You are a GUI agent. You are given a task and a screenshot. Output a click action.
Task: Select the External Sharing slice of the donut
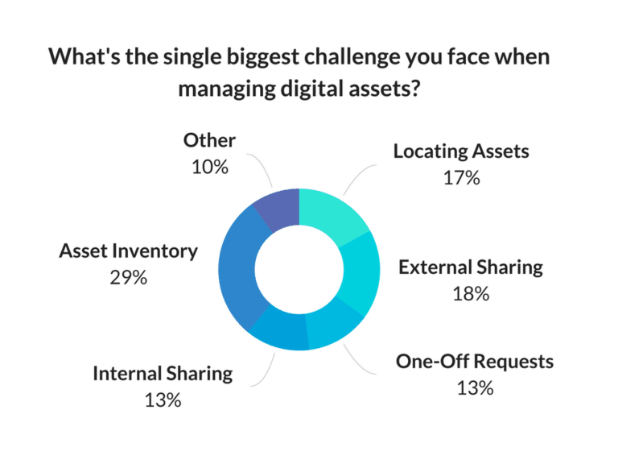pos(360,272)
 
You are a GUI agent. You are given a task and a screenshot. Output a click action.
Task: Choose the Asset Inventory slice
pos(237,268)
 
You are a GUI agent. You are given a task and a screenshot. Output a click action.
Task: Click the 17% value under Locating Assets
pos(462,178)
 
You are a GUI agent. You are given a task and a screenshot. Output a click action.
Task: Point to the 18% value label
pos(471,294)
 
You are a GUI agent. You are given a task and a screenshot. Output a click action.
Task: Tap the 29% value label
pos(129,278)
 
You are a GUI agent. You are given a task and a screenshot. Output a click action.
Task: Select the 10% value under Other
pos(210,168)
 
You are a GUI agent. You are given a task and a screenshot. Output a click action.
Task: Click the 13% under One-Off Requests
pos(475,388)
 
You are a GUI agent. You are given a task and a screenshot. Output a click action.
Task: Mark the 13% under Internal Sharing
pos(163,400)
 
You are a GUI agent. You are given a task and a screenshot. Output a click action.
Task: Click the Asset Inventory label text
pos(129,251)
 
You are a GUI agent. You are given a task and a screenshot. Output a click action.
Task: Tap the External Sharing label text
pos(471,267)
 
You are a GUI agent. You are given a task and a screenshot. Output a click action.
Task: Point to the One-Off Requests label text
pos(475,362)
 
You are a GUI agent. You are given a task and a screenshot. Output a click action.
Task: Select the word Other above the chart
pos(209,140)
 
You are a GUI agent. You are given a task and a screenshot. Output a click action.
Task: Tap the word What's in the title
pos(84,56)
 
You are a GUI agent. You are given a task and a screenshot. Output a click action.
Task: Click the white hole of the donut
pos(299,269)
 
